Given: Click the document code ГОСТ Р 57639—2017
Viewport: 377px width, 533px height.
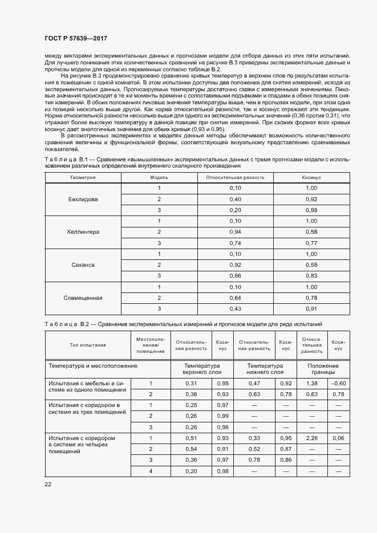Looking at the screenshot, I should point(75,38).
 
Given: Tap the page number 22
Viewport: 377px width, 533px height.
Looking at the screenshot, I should point(48,483).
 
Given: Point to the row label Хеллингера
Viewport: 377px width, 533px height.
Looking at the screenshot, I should point(83,232).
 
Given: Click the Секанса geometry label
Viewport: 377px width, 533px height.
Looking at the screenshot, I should point(83,265).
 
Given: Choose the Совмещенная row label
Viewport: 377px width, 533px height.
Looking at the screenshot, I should point(83,298).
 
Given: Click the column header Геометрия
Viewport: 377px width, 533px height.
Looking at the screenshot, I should point(83,177).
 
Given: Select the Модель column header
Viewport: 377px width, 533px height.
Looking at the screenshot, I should point(159,177).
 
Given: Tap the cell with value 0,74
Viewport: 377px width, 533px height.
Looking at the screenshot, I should point(235,243).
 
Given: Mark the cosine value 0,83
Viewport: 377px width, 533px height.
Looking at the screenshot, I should point(311,276).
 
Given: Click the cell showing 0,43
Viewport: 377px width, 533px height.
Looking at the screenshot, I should point(235,308).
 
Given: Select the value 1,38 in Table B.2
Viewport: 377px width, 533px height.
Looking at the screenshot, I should point(312,383).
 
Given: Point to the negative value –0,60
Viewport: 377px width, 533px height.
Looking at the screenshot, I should point(338,383).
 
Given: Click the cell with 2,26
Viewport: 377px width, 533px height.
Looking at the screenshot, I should point(312,438).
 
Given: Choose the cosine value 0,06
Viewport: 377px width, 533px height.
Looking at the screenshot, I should point(338,438).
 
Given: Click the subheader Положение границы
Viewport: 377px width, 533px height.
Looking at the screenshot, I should point(323,368).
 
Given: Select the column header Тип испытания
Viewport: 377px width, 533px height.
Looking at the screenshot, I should point(88,345).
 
